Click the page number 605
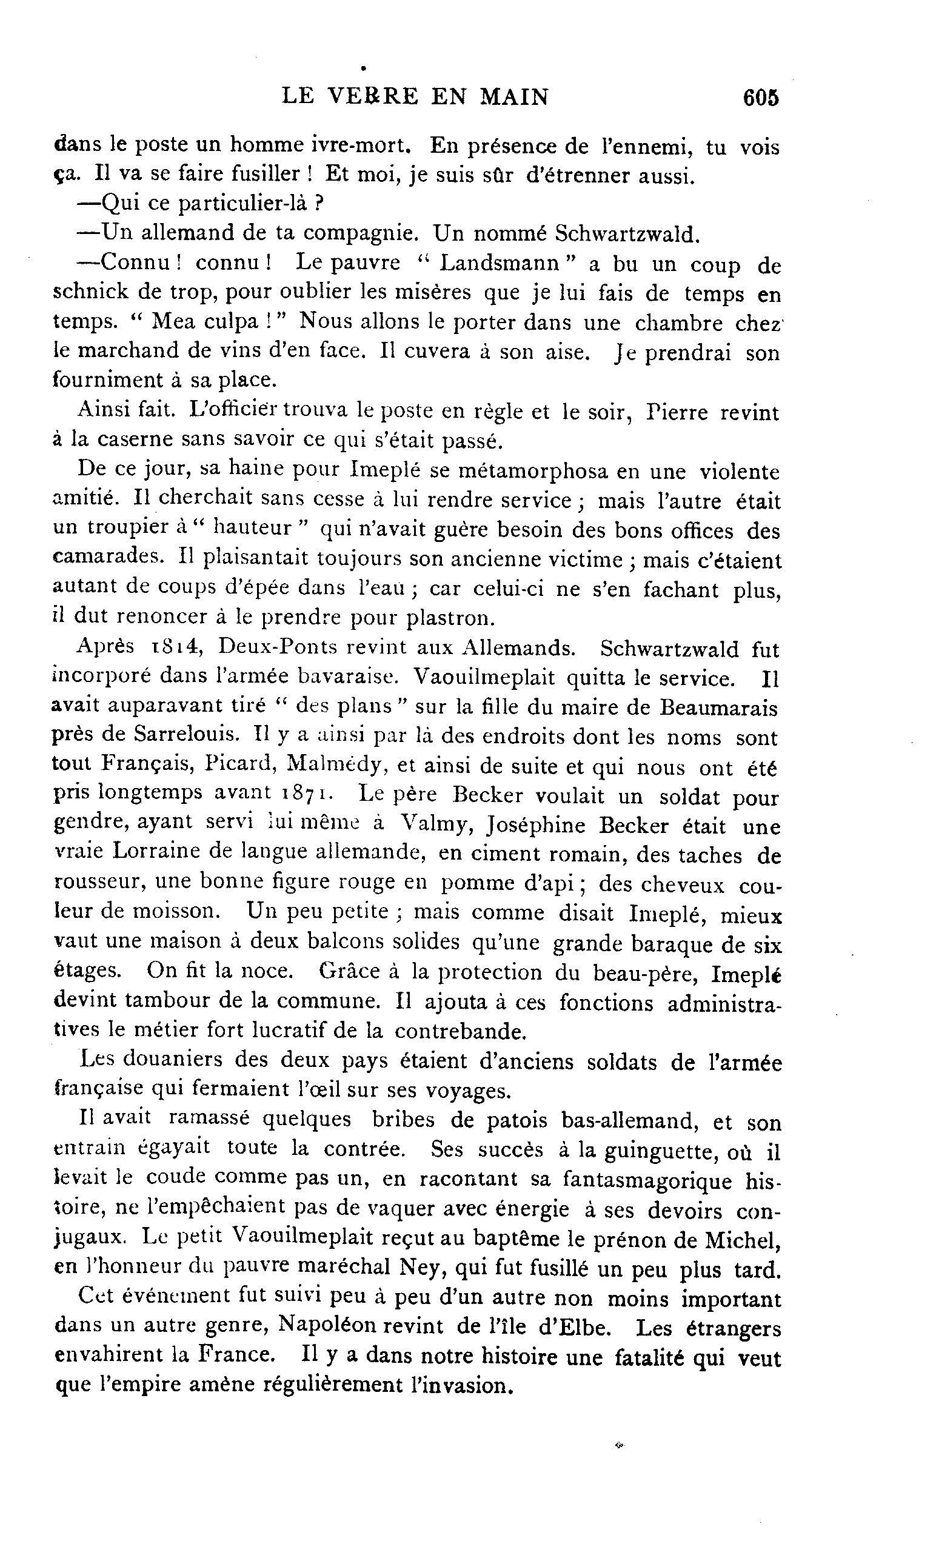761,98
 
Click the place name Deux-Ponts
270,647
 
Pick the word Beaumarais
718,707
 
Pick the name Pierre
680,412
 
